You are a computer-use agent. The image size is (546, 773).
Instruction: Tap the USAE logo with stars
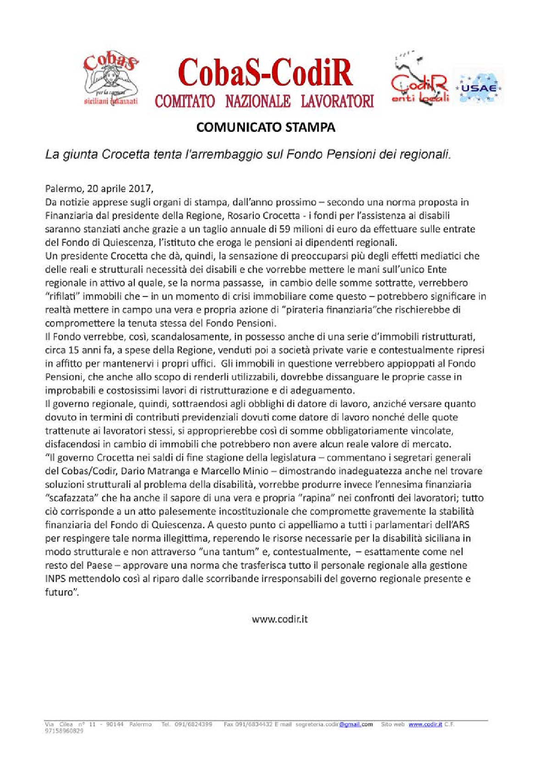[x=478, y=87]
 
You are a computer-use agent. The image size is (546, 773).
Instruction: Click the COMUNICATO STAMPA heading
[x=266, y=127]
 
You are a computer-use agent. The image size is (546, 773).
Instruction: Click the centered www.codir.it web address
[x=279, y=619]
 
